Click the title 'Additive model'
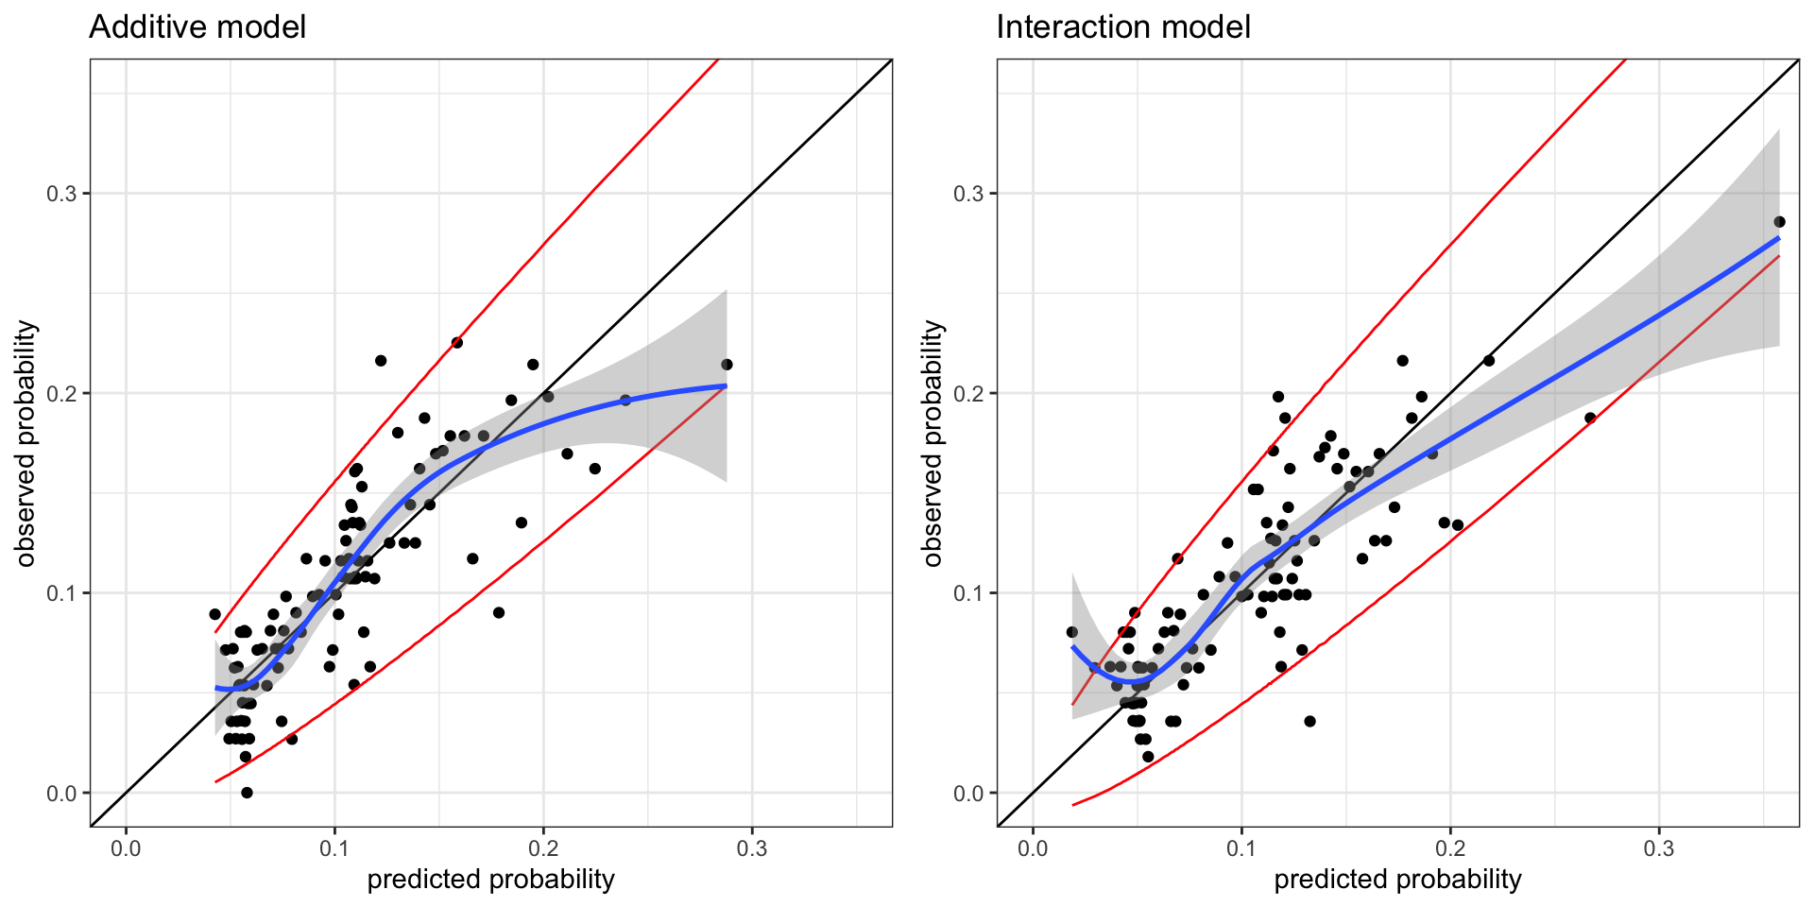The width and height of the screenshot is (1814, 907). click(197, 27)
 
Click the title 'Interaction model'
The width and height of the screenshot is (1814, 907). click(1123, 27)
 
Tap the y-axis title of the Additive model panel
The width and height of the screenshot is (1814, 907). click(26, 443)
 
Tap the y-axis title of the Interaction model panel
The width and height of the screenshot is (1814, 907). click(933, 443)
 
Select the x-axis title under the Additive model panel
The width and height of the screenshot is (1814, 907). click(490, 880)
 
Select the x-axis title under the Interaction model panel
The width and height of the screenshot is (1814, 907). click(1397, 880)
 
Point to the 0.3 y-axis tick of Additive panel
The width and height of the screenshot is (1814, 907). click(62, 194)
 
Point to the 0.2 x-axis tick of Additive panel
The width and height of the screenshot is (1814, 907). click(543, 848)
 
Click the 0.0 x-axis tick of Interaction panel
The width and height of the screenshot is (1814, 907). click(1033, 848)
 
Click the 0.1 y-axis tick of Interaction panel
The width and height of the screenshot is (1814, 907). click(969, 593)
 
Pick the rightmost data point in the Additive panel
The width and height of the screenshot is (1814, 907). click(727, 365)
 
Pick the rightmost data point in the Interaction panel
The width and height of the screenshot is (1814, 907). click(1779, 222)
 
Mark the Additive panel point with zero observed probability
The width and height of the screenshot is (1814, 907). click(247, 793)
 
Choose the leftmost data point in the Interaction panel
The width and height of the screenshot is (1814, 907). click(1071, 632)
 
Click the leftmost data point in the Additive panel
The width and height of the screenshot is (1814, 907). click(215, 614)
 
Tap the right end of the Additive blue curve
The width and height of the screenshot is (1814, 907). click(726, 385)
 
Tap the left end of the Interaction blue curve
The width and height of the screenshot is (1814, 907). click(1072, 647)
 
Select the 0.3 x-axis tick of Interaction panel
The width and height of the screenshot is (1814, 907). click(1658, 848)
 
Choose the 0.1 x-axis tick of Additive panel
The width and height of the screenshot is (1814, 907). click(334, 848)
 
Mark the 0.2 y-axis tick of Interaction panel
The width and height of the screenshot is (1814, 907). click(969, 393)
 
